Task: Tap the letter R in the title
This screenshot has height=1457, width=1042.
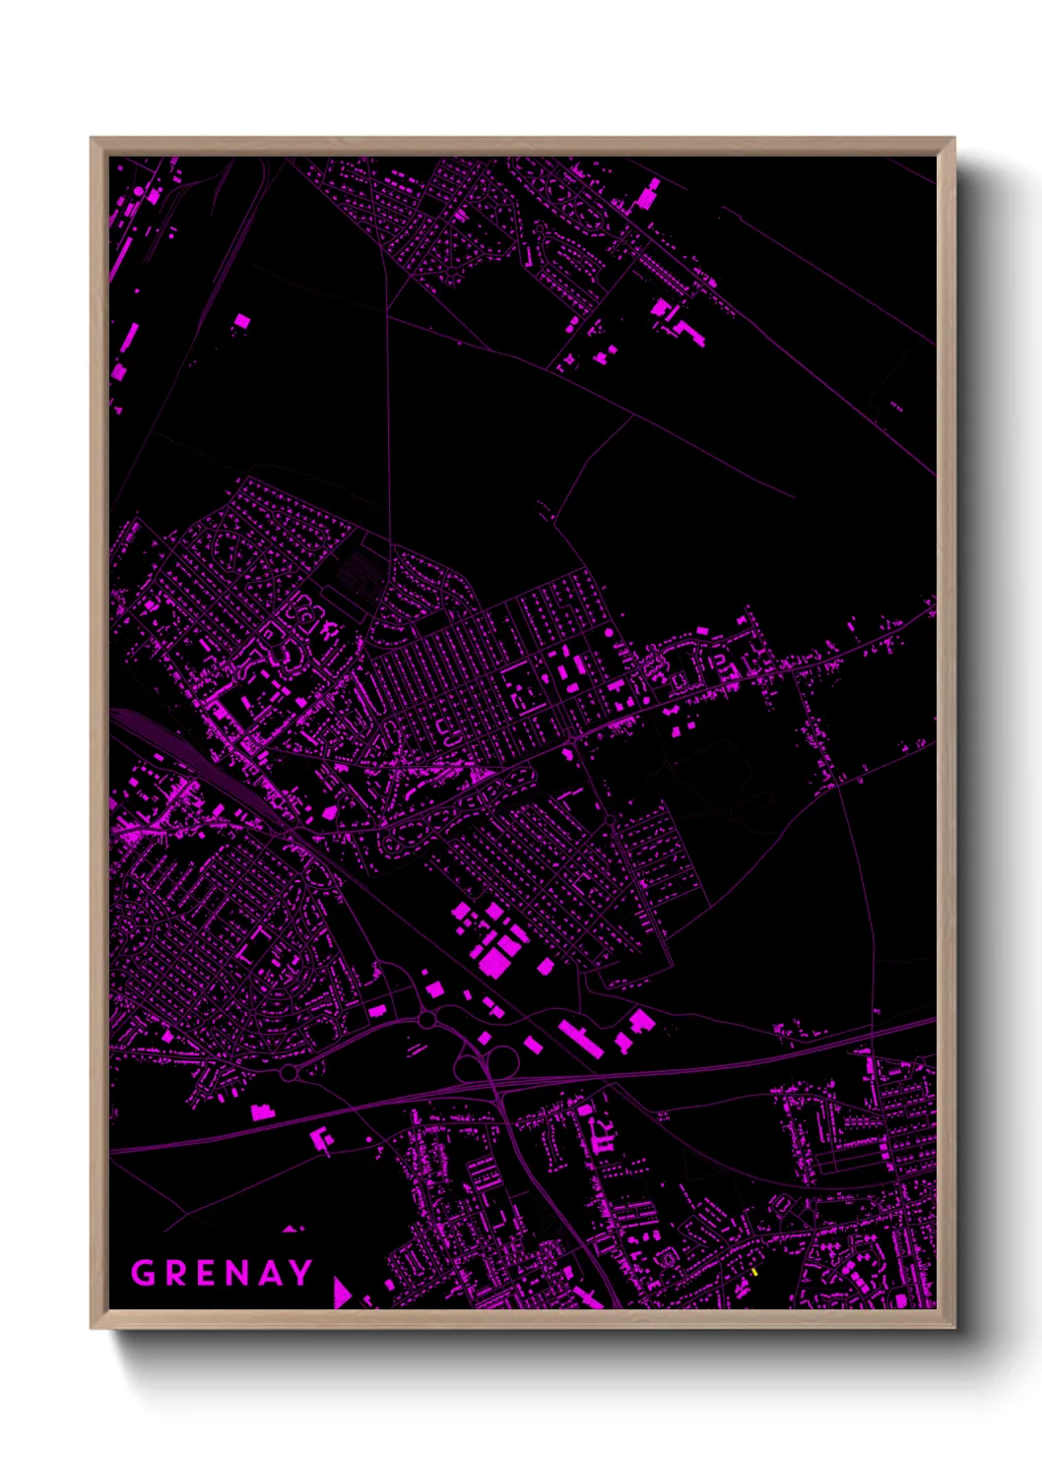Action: pos(177,1273)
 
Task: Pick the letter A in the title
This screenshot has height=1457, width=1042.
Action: pos(272,1273)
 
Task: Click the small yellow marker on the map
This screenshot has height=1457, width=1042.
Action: pos(754,1273)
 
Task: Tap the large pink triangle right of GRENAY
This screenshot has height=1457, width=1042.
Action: pos(341,1292)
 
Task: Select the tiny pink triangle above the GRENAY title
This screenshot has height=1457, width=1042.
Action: pos(290,1229)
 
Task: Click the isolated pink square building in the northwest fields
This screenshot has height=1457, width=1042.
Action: pos(242,321)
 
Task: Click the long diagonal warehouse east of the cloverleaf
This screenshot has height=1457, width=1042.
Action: pos(580,1038)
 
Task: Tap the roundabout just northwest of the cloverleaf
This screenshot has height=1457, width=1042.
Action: pos(426,1021)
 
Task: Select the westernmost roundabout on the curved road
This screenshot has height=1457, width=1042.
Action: pos(288,1072)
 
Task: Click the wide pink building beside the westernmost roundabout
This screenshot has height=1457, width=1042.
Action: pos(262,1112)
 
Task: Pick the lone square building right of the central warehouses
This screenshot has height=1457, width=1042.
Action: pos(545,967)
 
